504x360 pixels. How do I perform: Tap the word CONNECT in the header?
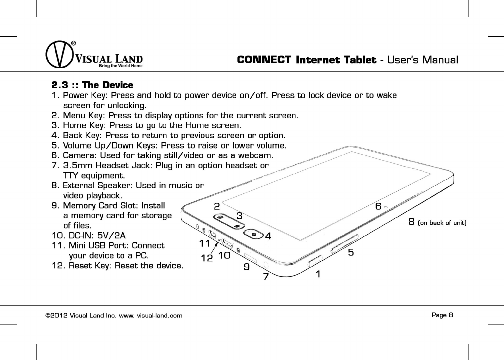(x=264, y=60)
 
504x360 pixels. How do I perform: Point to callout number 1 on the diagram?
(x=318, y=274)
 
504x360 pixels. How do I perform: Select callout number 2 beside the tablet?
(x=217, y=206)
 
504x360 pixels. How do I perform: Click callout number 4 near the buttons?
(x=268, y=236)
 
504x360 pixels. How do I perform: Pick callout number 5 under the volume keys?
(x=351, y=253)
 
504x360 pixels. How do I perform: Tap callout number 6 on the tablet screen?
(x=378, y=206)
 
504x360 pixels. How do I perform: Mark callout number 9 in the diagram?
(x=246, y=267)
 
